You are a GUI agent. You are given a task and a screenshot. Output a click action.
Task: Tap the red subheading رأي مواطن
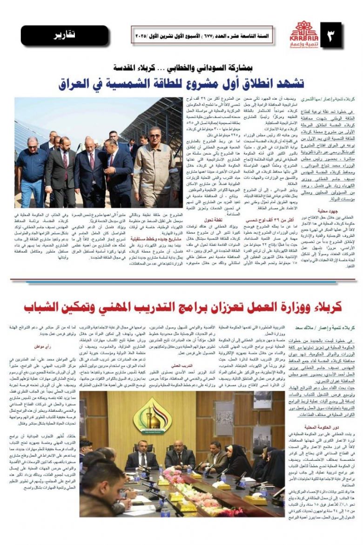41,347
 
